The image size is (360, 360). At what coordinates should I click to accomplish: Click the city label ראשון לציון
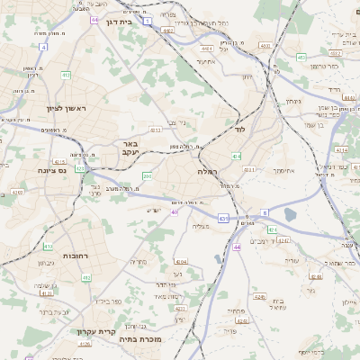point(68,109)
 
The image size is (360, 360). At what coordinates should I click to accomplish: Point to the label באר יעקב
point(130,148)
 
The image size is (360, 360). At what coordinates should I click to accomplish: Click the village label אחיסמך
point(283,169)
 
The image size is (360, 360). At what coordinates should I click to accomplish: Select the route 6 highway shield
point(265,211)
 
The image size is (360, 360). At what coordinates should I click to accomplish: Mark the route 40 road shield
point(174,212)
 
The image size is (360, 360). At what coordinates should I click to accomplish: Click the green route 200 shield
point(147,176)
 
